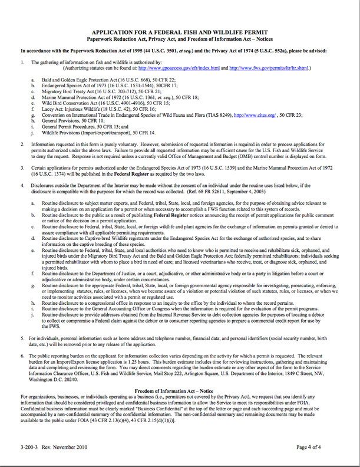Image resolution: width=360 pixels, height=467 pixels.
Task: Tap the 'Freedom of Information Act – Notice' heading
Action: [x=180, y=391]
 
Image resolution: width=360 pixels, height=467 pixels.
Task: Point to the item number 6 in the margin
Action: [x=22, y=357]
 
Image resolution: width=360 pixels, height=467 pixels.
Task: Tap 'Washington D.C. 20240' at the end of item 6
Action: [x=60, y=378]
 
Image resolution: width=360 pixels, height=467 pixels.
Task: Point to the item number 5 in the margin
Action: [x=22, y=338]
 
